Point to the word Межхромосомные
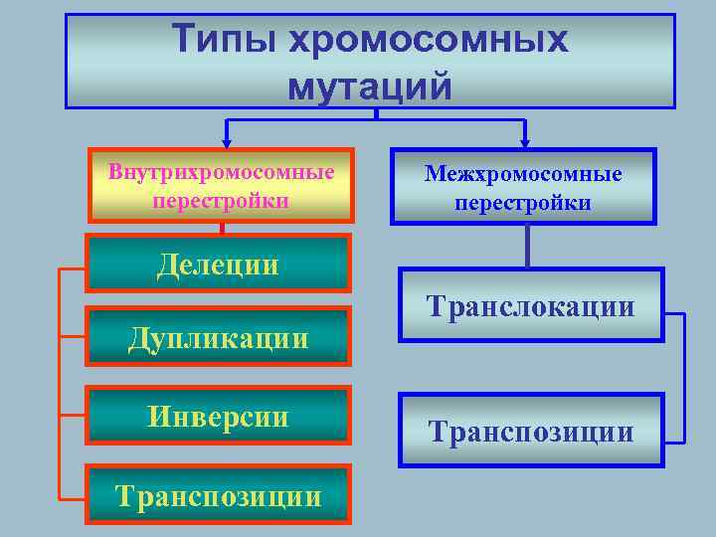(523, 174)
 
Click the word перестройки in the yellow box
(221, 200)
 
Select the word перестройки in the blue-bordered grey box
(523, 203)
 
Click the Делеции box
(219, 264)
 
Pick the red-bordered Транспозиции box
(219, 494)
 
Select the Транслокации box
(530, 305)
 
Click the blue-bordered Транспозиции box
(530, 431)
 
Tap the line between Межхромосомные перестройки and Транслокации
(526, 246)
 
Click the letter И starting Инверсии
(159, 415)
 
